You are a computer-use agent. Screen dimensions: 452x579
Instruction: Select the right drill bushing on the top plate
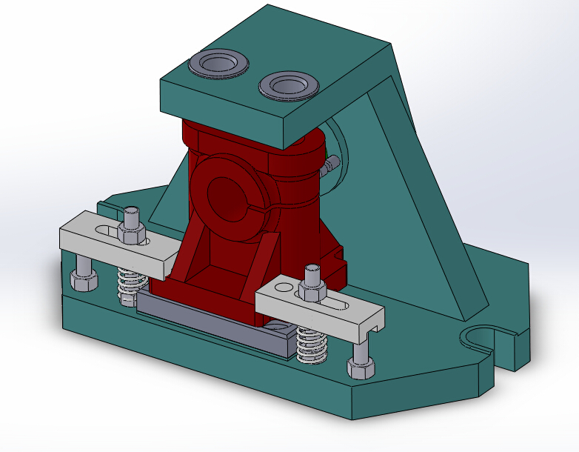pyautogui.click(x=288, y=85)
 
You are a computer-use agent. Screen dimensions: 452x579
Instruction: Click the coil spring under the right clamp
pyautogui.click(x=312, y=345)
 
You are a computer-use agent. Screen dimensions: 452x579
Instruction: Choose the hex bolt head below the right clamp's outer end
pyautogui.click(x=361, y=368)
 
